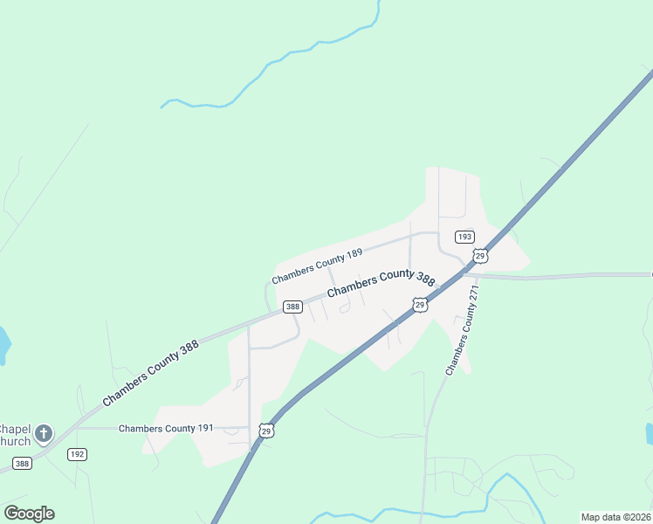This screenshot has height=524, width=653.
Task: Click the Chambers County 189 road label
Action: tap(316, 266)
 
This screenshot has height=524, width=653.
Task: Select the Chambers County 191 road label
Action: tap(166, 428)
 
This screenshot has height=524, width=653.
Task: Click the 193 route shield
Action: tap(464, 237)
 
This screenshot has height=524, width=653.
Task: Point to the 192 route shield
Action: tap(77, 454)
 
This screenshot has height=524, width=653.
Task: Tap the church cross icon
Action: tap(44, 432)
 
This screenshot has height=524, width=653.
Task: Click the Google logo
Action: tap(29, 514)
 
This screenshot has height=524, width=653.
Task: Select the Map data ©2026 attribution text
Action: tap(615, 517)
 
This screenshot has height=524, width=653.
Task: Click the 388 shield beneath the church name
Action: tap(22, 464)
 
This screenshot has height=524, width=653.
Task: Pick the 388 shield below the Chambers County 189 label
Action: tap(292, 307)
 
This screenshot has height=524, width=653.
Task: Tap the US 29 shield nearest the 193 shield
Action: tap(479, 255)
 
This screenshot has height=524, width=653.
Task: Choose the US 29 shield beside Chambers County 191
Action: tap(266, 431)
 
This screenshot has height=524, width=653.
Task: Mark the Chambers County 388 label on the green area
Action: tap(150, 372)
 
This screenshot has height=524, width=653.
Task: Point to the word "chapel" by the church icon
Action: tap(14, 429)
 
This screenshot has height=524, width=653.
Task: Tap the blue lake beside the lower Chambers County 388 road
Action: tap(3, 345)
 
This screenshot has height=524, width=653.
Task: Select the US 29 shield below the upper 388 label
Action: tap(420, 304)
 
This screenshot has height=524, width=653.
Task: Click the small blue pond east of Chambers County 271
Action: tap(650, 433)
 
